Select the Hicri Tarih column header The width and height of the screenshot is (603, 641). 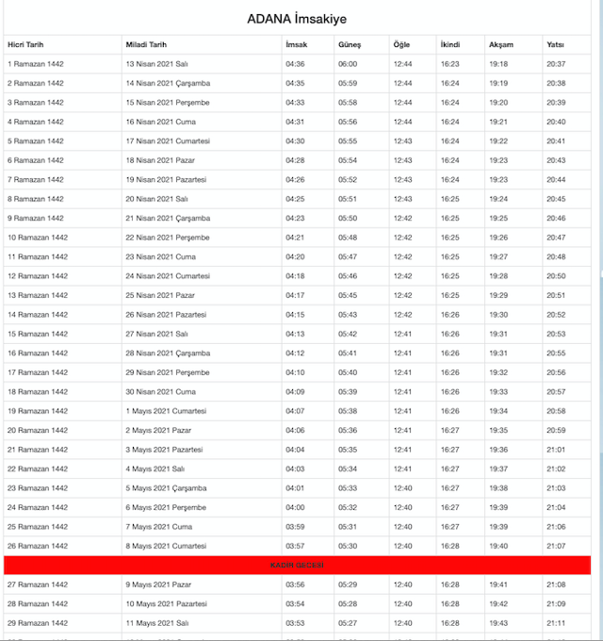(x=25, y=44)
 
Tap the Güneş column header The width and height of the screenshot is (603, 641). (x=350, y=44)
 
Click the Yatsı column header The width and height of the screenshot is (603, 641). (x=556, y=44)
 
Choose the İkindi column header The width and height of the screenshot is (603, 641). (x=450, y=44)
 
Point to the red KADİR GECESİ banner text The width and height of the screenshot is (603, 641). (x=298, y=565)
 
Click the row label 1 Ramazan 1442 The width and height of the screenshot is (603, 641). (x=35, y=64)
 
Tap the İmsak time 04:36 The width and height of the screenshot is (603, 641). (x=295, y=64)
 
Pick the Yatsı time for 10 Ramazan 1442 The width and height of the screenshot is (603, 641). (x=556, y=238)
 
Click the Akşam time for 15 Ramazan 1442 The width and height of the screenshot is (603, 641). (x=499, y=334)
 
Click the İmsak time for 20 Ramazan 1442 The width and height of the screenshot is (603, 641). (x=295, y=430)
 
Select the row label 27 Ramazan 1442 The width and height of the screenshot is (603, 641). (x=37, y=584)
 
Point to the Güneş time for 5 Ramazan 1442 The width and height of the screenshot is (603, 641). (x=348, y=141)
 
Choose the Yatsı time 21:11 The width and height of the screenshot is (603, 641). (x=556, y=623)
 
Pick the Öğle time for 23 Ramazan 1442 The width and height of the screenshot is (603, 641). (x=403, y=488)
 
